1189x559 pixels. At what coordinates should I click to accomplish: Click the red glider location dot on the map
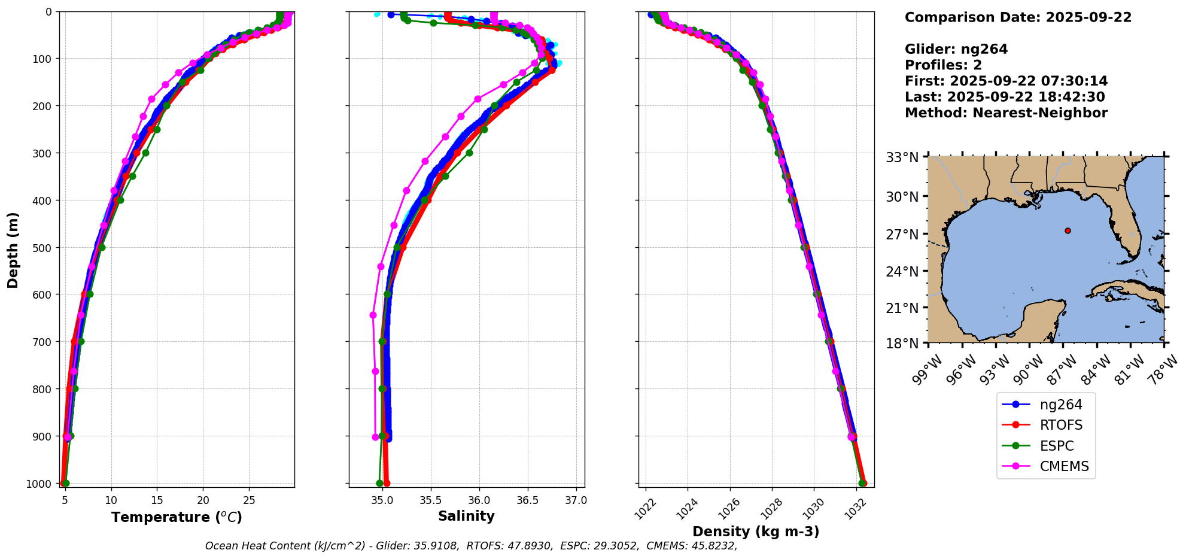coord(1068,230)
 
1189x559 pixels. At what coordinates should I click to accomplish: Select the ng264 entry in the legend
coord(1060,405)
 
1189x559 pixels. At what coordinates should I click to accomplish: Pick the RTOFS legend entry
coord(1061,425)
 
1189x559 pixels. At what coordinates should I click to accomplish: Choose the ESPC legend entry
coord(1056,446)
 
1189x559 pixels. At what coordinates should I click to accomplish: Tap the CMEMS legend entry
coord(1064,466)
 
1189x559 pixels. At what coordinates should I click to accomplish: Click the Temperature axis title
coord(177,517)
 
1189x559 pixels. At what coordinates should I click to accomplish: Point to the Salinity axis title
coord(466,516)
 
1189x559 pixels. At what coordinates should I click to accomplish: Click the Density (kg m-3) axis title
coord(756,531)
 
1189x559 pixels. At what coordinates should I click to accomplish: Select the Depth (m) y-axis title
coord(13,250)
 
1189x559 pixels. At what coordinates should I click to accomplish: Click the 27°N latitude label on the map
coord(902,234)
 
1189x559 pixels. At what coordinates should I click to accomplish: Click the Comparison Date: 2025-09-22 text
coord(1018,17)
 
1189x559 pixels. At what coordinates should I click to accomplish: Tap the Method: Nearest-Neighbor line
coord(1006,113)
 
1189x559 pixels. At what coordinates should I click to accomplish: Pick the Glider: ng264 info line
coord(956,49)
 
